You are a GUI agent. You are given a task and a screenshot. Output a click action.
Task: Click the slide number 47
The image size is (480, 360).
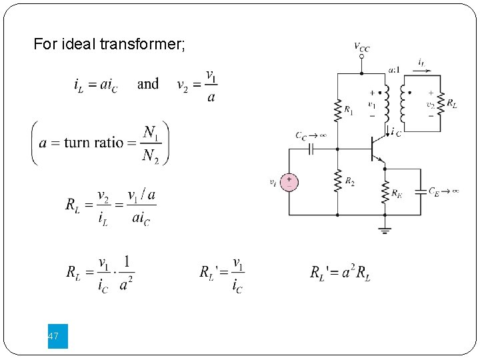53,337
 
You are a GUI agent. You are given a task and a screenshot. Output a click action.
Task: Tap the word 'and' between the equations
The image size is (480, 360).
148,84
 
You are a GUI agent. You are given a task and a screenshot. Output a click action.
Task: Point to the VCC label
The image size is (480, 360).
362,47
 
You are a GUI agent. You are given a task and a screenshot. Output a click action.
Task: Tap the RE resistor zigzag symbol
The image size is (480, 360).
385,193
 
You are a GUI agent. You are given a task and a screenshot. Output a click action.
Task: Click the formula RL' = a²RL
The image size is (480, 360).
340,273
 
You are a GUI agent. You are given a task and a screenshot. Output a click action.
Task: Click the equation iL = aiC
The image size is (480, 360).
95,85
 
